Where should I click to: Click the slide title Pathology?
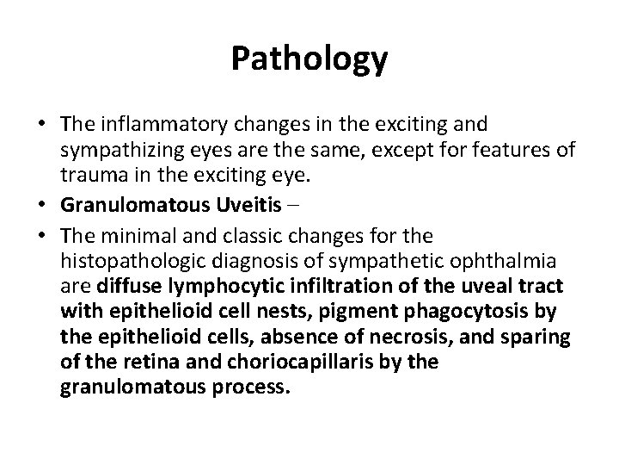309,59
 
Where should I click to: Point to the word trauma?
89,179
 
